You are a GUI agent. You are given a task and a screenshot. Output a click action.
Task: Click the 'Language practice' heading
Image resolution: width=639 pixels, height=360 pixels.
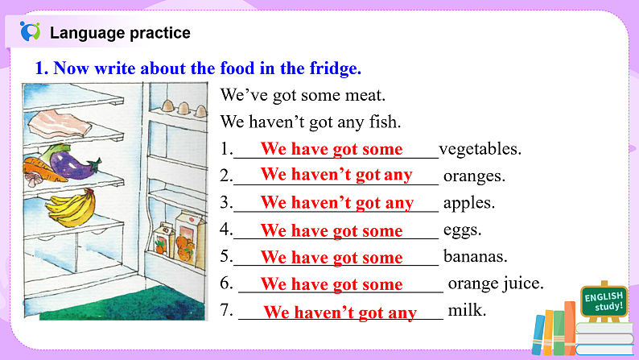[120, 33]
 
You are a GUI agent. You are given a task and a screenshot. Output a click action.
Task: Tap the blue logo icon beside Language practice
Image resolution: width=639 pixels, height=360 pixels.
[30, 32]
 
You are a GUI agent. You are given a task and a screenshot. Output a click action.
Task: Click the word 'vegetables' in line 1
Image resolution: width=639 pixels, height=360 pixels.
[480, 149]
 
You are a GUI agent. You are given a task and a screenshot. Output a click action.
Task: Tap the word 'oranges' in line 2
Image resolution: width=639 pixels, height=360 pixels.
[474, 176]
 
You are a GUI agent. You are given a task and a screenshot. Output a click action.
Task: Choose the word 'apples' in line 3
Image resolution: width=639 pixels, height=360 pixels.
[468, 202]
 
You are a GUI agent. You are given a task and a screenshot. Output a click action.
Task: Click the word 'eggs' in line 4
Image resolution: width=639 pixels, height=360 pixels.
[462, 230]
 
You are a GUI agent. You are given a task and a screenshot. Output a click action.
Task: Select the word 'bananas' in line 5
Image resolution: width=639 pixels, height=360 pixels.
[475, 257]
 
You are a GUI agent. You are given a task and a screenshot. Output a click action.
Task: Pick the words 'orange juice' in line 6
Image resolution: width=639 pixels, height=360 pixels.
[496, 283]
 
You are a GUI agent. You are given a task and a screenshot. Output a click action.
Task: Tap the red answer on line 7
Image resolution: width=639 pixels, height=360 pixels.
[340, 312]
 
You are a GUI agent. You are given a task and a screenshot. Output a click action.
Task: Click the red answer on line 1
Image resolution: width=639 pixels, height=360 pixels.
[332, 149]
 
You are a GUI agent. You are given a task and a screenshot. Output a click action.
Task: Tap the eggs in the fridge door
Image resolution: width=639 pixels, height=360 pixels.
[178, 106]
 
